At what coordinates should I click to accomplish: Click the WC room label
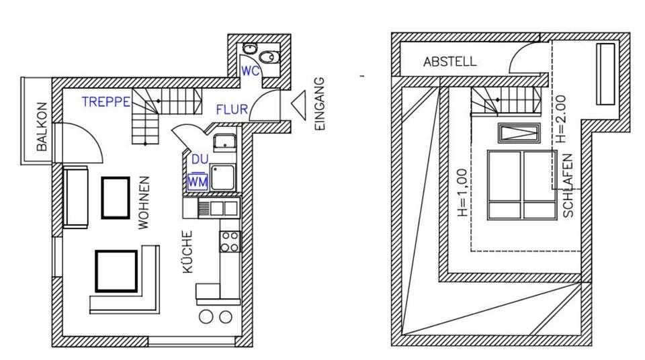(250, 70)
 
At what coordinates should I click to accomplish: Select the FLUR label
(232, 109)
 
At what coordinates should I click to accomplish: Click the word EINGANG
(319, 104)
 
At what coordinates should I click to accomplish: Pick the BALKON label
(42, 127)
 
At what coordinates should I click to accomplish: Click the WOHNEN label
(143, 203)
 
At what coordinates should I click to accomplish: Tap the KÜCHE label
(188, 252)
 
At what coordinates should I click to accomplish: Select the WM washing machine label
(198, 181)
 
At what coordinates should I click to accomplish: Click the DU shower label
(200, 160)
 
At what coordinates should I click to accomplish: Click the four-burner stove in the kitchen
(229, 241)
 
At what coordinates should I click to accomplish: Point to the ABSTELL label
(449, 62)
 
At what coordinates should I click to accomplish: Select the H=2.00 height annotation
(562, 120)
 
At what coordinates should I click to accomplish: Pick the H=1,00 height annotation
(462, 192)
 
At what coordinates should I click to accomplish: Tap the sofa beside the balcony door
(75, 197)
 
